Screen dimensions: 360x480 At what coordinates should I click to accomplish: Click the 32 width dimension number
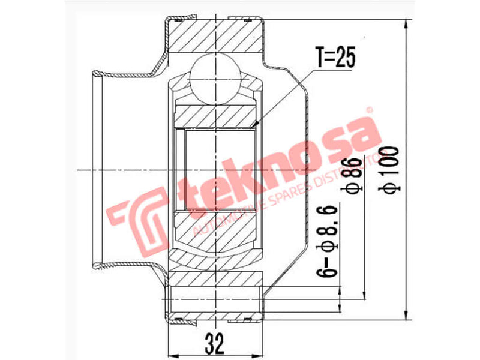pos(214,344)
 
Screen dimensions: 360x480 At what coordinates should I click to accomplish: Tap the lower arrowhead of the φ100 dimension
pos(408,316)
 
